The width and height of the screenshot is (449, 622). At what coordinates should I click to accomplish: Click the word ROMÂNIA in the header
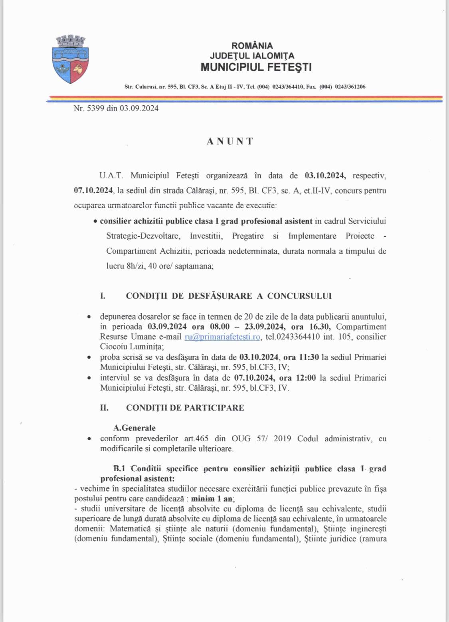(x=252, y=46)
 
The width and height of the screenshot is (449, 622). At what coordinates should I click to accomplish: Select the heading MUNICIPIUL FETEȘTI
(x=256, y=67)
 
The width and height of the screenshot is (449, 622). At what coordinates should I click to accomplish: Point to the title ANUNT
(x=230, y=141)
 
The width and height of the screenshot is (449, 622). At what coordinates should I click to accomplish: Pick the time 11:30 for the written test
(x=309, y=357)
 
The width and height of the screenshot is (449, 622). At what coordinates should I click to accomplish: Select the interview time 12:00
(x=306, y=377)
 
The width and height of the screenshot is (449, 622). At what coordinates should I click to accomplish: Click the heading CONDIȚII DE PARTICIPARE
(x=185, y=408)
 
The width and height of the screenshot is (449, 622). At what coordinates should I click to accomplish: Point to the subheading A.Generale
(x=135, y=428)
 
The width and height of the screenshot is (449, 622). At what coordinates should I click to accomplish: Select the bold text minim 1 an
(x=212, y=499)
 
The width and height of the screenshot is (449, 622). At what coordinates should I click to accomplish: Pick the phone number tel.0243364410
(x=293, y=337)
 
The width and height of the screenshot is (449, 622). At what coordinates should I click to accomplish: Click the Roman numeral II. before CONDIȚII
(x=104, y=408)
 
